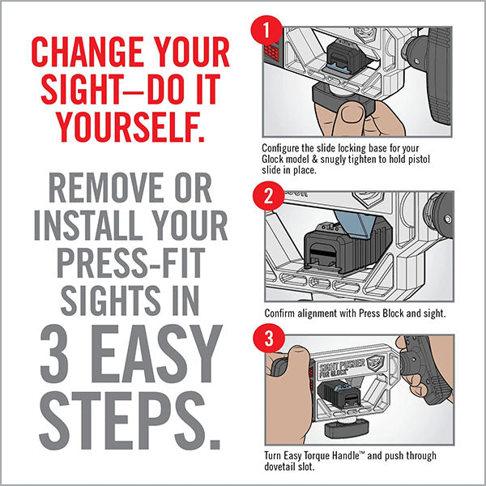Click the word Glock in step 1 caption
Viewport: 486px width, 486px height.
[x=275, y=160]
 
